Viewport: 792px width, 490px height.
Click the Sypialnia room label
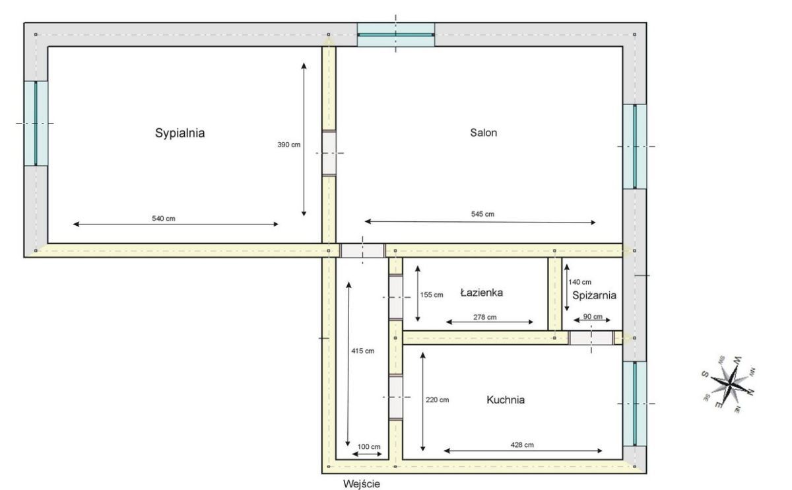(x=180, y=133)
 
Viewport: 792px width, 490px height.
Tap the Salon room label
(x=483, y=133)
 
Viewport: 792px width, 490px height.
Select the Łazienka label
(x=482, y=293)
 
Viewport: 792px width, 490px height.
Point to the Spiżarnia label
(x=594, y=295)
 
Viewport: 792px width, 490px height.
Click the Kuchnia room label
(x=506, y=400)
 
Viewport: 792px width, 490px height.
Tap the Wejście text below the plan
(x=362, y=484)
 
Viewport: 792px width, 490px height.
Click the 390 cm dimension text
(x=288, y=145)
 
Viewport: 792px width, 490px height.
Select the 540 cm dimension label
(x=164, y=219)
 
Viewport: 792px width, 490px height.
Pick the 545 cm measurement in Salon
(x=482, y=214)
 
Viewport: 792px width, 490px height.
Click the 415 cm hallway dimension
(x=362, y=351)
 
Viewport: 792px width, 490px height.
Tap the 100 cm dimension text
(x=369, y=447)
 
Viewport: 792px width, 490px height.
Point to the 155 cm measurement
(x=432, y=295)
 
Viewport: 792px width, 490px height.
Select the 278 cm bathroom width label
(x=484, y=318)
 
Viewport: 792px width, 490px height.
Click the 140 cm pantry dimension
(x=579, y=282)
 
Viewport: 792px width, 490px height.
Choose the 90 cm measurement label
(x=593, y=316)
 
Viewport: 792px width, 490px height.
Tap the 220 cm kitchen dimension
(x=437, y=400)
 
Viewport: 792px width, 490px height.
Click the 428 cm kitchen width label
(x=522, y=445)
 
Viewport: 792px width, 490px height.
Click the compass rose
(x=729, y=384)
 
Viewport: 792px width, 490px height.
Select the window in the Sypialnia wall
(x=36, y=123)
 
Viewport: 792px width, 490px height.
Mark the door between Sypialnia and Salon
(x=329, y=153)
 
